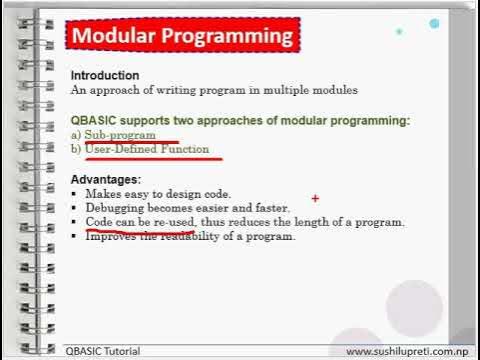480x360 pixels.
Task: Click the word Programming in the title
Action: (x=228, y=38)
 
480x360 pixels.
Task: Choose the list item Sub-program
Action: (x=120, y=134)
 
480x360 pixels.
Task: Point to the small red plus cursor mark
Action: (x=316, y=199)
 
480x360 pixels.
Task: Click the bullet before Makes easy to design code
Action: (x=75, y=192)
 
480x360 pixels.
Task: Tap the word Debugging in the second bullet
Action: (x=114, y=207)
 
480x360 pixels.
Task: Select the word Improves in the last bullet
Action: (x=110, y=236)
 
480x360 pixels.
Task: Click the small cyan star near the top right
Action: (x=400, y=31)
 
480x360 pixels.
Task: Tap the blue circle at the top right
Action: (x=434, y=23)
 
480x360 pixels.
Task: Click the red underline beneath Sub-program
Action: (x=130, y=142)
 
